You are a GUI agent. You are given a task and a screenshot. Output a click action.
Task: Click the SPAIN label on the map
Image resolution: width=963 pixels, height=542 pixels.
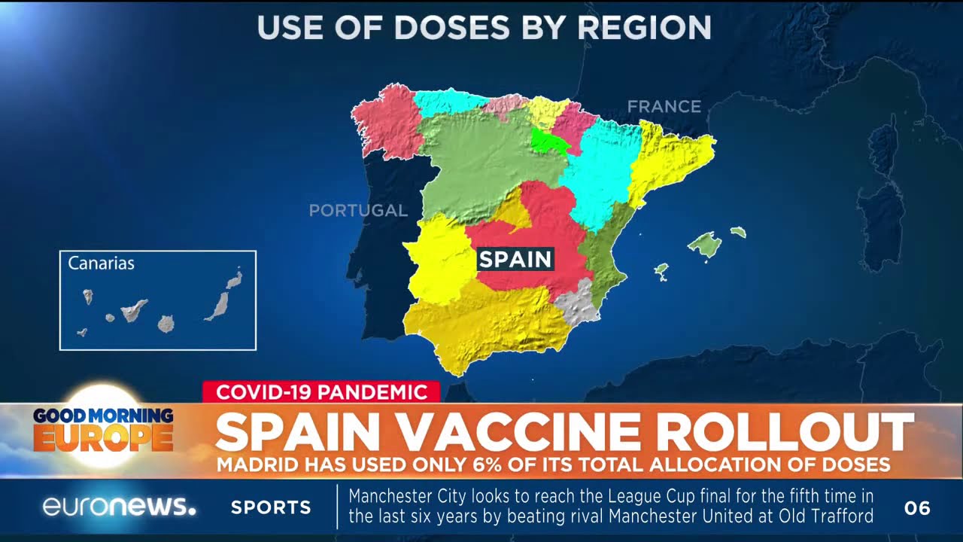click(x=515, y=260)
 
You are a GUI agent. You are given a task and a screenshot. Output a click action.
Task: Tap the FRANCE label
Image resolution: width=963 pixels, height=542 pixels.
click(x=664, y=107)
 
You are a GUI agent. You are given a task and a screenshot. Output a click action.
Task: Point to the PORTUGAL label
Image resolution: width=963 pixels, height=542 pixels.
click(x=358, y=211)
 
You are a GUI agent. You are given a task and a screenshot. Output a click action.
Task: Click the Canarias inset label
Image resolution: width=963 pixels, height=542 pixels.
click(x=101, y=263)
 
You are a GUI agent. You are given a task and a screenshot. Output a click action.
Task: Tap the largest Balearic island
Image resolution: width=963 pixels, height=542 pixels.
click(x=704, y=244)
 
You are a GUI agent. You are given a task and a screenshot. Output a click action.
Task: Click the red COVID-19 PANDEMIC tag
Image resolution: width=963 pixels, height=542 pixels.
click(x=320, y=391)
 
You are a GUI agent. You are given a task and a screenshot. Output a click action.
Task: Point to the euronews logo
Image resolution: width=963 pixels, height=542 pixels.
click(x=119, y=507)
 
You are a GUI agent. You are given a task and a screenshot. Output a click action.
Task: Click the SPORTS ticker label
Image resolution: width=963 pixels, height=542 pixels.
click(x=271, y=507)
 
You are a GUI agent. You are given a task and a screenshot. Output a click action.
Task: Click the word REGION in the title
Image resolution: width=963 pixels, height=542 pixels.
click(x=645, y=28)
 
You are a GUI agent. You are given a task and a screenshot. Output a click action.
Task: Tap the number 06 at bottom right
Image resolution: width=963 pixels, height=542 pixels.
click(x=917, y=508)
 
